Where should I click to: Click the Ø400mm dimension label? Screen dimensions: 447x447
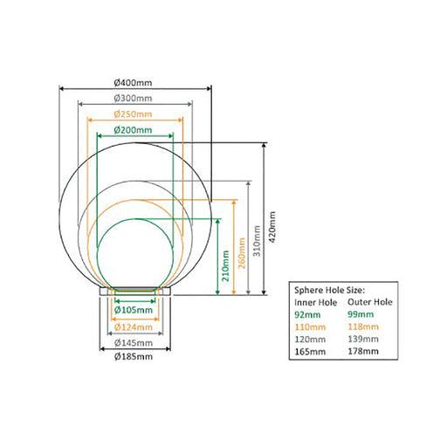[x=133, y=83]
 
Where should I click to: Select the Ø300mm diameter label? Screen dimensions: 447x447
[x=133, y=99]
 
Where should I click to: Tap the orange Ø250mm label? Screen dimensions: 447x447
[x=133, y=114]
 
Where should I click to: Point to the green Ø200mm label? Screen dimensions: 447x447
[x=133, y=130]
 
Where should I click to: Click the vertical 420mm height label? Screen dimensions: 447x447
[x=272, y=227]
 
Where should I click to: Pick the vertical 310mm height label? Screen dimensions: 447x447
[x=257, y=241]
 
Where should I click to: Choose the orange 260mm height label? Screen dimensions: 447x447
[x=242, y=253]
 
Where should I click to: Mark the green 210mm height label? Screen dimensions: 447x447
[x=225, y=265]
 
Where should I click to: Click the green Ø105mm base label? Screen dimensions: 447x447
[x=134, y=310]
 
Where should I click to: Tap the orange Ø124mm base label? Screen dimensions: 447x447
[x=134, y=327]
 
